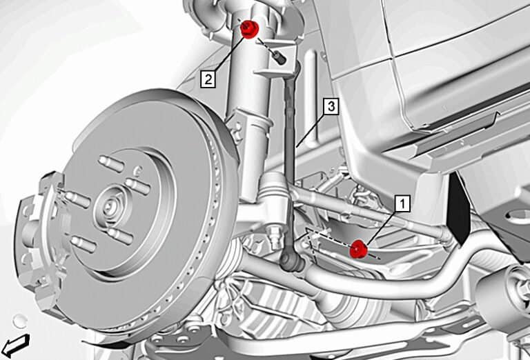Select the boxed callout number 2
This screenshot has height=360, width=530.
click(x=207, y=78)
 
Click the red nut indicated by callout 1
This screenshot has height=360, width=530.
click(x=357, y=249)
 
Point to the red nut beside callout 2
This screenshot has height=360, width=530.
click(x=250, y=29)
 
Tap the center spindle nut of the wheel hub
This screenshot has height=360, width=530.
click(x=110, y=206)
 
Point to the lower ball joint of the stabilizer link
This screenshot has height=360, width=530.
click(x=290, y=261)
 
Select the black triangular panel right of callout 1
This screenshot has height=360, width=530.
click(x=456, y=207)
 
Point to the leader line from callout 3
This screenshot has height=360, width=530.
click(x=311, y=128)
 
